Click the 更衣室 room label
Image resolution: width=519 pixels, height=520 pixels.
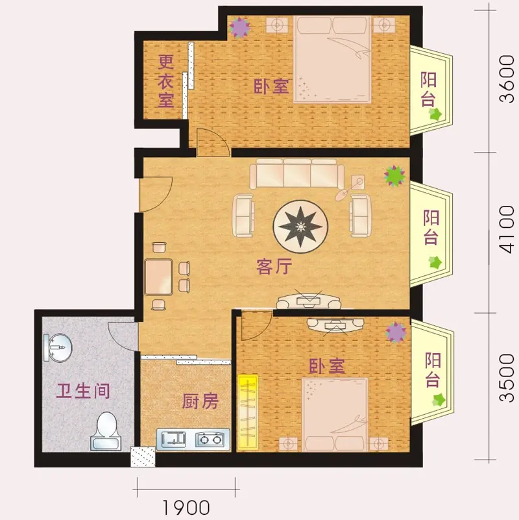point(167,81)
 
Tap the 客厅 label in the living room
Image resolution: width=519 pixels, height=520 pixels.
point(274,267)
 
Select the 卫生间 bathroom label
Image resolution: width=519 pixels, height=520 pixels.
point(82,391)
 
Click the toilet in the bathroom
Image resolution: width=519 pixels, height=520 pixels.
point(104,432)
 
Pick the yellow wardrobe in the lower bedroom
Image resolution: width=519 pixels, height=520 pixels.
point(248,412)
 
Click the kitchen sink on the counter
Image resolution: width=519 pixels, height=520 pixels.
point(173,440)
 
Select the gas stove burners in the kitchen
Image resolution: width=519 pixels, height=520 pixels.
point(210,440)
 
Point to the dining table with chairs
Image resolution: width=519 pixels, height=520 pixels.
point(159,276)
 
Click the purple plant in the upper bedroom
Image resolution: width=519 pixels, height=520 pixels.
point(241,27)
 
